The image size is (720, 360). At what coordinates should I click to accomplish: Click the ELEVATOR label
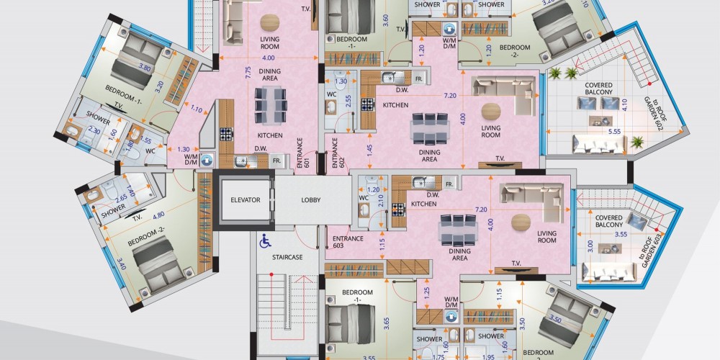click(x=246, y=200)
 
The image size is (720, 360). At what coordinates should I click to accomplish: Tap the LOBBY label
click(x=311, y=200)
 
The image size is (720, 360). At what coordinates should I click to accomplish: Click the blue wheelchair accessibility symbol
click(x=265, y=241)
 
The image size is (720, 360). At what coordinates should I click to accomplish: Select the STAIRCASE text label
click(x=287, y=257)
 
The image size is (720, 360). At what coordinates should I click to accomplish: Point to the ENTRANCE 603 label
click(x=348, y=242)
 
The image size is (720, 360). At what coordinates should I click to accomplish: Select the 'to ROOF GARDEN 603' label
click(x=649, y=254)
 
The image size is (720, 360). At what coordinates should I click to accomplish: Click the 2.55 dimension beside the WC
click(x=349, y=101)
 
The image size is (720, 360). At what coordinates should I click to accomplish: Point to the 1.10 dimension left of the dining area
click(x=197, y=109)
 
